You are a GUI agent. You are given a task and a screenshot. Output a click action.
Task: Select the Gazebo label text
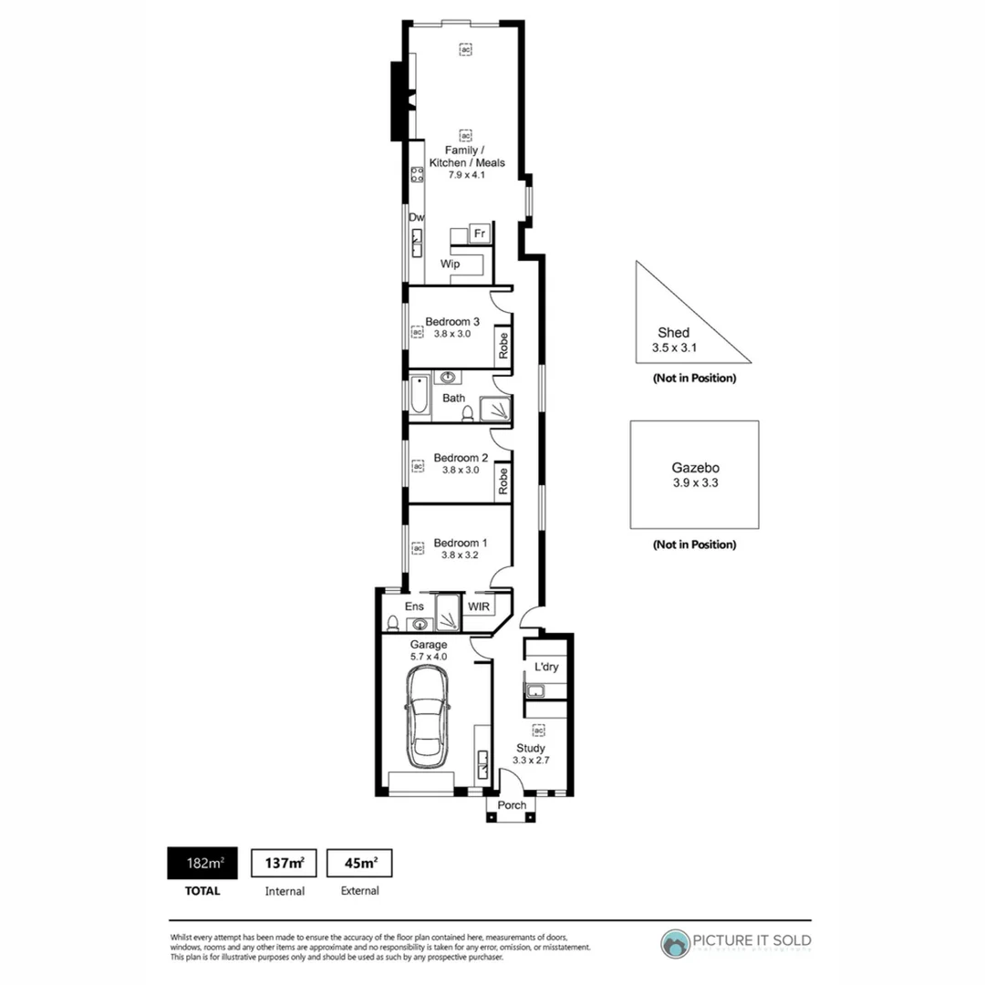pyautogui.click(x=694, y=469)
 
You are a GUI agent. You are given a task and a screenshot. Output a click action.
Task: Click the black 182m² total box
pyautogui.click(x=203, y=862)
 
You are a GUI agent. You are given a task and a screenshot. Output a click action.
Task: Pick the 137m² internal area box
pyautogui.click(x=284, y=862)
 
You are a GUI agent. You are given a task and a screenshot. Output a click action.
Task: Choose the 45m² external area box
pyautogui.click(x=359, y=862)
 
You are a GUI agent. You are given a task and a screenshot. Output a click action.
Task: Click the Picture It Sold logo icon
pyautogui.click(x=676, y=944)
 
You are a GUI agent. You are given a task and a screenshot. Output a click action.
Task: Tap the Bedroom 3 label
pyautogui.click(x=452, y=321)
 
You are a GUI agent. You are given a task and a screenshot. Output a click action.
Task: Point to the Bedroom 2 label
pyautogui.click(x=461, y=458)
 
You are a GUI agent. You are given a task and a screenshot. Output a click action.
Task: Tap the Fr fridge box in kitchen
pyautogui.click(x=480, y=234)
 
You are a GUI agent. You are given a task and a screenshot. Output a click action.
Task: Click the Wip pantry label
pyautogui.click(x=450, y=264)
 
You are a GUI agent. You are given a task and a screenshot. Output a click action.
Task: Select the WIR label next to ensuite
pyautogui.click(x=480, y=606)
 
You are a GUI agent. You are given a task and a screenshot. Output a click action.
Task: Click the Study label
pyautogui.click(x=530, y=747)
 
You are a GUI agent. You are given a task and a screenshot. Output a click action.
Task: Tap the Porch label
pyautogui.click(x=512, y=805)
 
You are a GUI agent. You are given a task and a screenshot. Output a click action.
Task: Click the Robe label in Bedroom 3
pyautogui.click(x=502, y=346)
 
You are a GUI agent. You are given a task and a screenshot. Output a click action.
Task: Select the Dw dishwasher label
pyautogui.click(x=416, y=217)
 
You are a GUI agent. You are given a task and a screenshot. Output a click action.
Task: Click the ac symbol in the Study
pyautogui.click(x=538, y=731)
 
